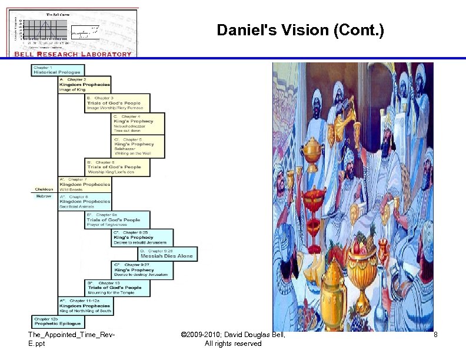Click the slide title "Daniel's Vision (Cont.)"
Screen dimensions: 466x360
(x=300, y=30)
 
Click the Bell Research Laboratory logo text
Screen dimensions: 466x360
(x=73, y=54)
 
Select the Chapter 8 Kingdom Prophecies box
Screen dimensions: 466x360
(x=84, y=201)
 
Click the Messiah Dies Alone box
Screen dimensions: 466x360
(x=168, y=254)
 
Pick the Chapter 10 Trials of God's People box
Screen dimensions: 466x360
(x=116, y=288)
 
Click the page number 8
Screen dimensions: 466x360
(x=435, y=335)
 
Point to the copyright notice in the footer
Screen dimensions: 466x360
(x=234, y=339)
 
